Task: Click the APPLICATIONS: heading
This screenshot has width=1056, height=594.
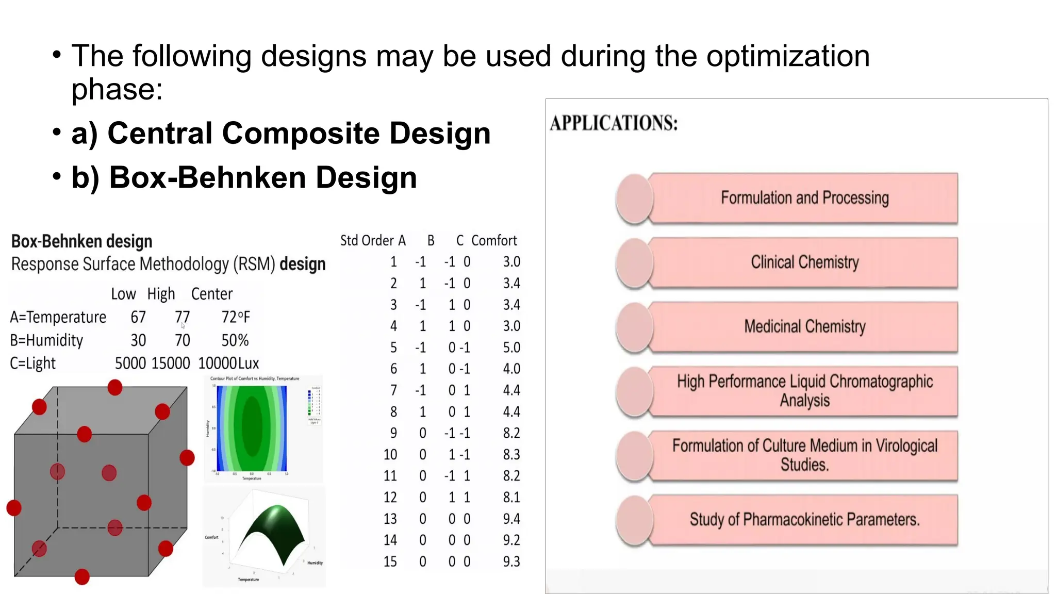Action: tap(614, 123)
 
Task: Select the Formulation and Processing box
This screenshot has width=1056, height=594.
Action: tap(804, 198)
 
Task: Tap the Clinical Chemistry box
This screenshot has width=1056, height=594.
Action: tap(804, 262)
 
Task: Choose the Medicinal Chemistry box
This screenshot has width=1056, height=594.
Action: tap(804, 326)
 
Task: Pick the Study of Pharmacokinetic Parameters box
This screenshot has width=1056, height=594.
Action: tap(804, 519)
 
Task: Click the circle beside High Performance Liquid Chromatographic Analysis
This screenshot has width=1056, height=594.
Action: tap(635, 391)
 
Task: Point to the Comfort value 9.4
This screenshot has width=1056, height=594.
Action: tap(511, 519)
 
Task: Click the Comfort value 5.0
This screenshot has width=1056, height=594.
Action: tap(511, 348)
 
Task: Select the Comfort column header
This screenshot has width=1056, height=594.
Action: tap(493, 241)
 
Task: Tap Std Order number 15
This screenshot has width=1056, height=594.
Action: tap(390, 562)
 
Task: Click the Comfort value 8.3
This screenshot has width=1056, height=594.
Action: tap(511, 454)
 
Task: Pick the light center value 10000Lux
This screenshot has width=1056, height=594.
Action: tap(228, 364)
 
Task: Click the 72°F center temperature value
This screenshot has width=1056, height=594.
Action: tap(235, 317)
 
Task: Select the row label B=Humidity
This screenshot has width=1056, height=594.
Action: tap(46, 340)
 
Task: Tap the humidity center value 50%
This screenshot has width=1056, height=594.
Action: tap(235, 340)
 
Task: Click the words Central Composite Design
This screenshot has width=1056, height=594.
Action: tap(299, 134)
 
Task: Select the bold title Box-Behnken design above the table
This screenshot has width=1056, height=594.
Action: tap(81, 241)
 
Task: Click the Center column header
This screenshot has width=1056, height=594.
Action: tap(211, 294)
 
